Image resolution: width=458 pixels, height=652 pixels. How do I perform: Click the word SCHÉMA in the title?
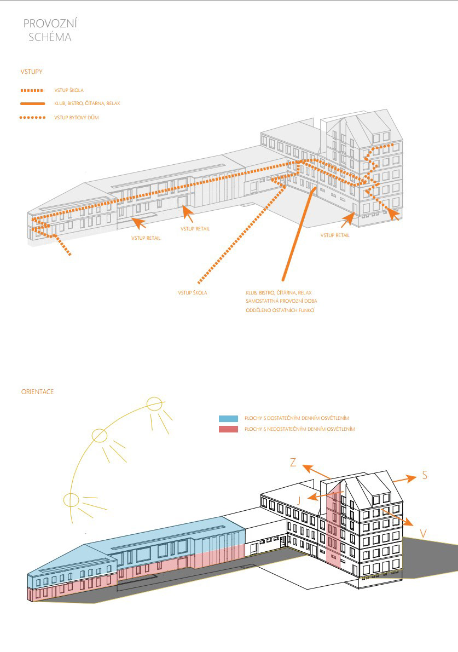50,38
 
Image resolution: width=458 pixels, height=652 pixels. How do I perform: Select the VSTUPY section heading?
32,71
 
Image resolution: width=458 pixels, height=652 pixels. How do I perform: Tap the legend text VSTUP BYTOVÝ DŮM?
77,118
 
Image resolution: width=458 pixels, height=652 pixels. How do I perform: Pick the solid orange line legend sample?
32,103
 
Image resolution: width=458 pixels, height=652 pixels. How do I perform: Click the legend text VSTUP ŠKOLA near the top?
69,90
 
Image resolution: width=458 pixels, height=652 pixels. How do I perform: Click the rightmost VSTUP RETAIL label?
335,235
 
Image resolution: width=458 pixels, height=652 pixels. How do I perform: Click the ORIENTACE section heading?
37,392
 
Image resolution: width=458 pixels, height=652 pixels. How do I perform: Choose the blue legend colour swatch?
228,418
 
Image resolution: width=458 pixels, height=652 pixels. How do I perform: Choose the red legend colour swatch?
228,429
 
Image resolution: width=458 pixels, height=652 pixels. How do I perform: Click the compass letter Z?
293,463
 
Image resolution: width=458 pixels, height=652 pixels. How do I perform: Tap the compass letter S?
425,476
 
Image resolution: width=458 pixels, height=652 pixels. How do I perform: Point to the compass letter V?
423,533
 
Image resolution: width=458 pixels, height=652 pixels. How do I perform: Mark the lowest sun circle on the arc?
71,500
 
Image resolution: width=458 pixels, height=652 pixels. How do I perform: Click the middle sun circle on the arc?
99,436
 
